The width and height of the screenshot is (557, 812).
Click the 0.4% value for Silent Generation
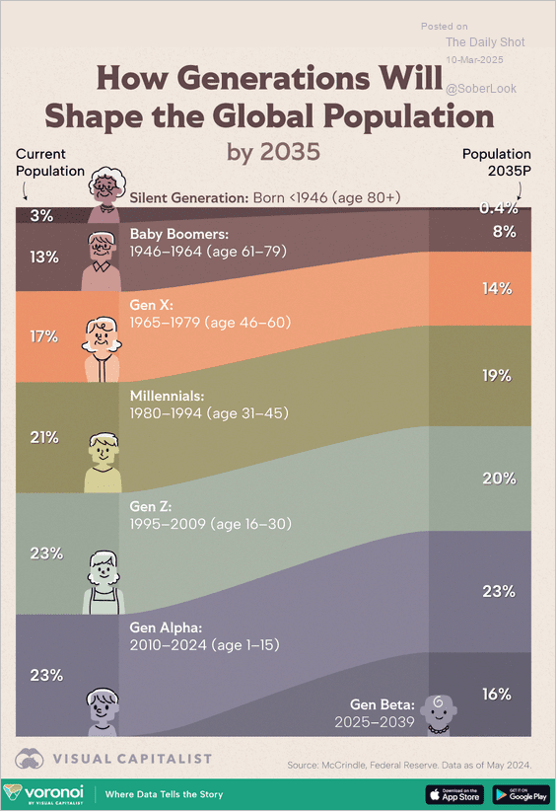click(497, 208)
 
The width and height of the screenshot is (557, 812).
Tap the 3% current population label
click(41, 215)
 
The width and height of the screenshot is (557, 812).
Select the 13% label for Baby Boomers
click(44, 257)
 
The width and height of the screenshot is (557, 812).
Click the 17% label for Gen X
click(44, 336)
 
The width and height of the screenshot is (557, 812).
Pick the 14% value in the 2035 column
click(497, 288)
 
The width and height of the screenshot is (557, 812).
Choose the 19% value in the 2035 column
click(497, 375)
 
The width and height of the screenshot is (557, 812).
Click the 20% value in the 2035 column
click(497, 478)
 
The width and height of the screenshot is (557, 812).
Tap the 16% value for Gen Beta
click(497, 694)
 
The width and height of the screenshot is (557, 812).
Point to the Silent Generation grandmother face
click(104, 188)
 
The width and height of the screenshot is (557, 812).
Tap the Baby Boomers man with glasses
click(102, 258)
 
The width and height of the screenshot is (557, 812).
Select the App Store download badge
click(453, 793)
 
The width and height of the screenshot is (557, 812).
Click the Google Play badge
click(521, 793)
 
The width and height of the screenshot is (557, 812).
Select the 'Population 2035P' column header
click(497, 162)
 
